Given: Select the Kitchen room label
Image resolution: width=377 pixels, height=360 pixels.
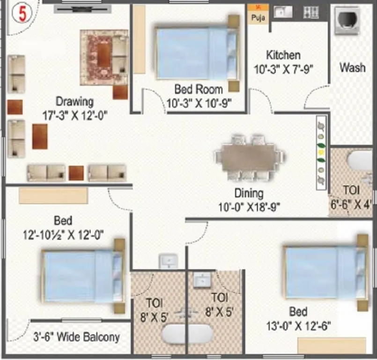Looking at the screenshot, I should [283, 55].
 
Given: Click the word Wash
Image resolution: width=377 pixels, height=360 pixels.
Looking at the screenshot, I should [352, 67].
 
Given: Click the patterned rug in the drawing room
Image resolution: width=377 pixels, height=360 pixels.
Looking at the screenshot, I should [104, 57].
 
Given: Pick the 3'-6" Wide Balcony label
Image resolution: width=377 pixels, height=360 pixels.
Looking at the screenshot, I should [76, 337].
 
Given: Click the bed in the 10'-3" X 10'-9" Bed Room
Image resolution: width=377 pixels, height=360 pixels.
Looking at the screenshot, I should [195, 52].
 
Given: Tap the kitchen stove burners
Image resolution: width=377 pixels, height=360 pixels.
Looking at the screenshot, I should [311, 12].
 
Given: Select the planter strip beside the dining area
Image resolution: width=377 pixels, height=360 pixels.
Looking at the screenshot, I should [321, 152].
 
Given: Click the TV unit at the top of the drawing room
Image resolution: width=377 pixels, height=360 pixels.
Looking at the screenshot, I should [82, 8].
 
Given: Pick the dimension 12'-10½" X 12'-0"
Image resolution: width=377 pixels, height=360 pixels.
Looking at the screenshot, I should [63, 234].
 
